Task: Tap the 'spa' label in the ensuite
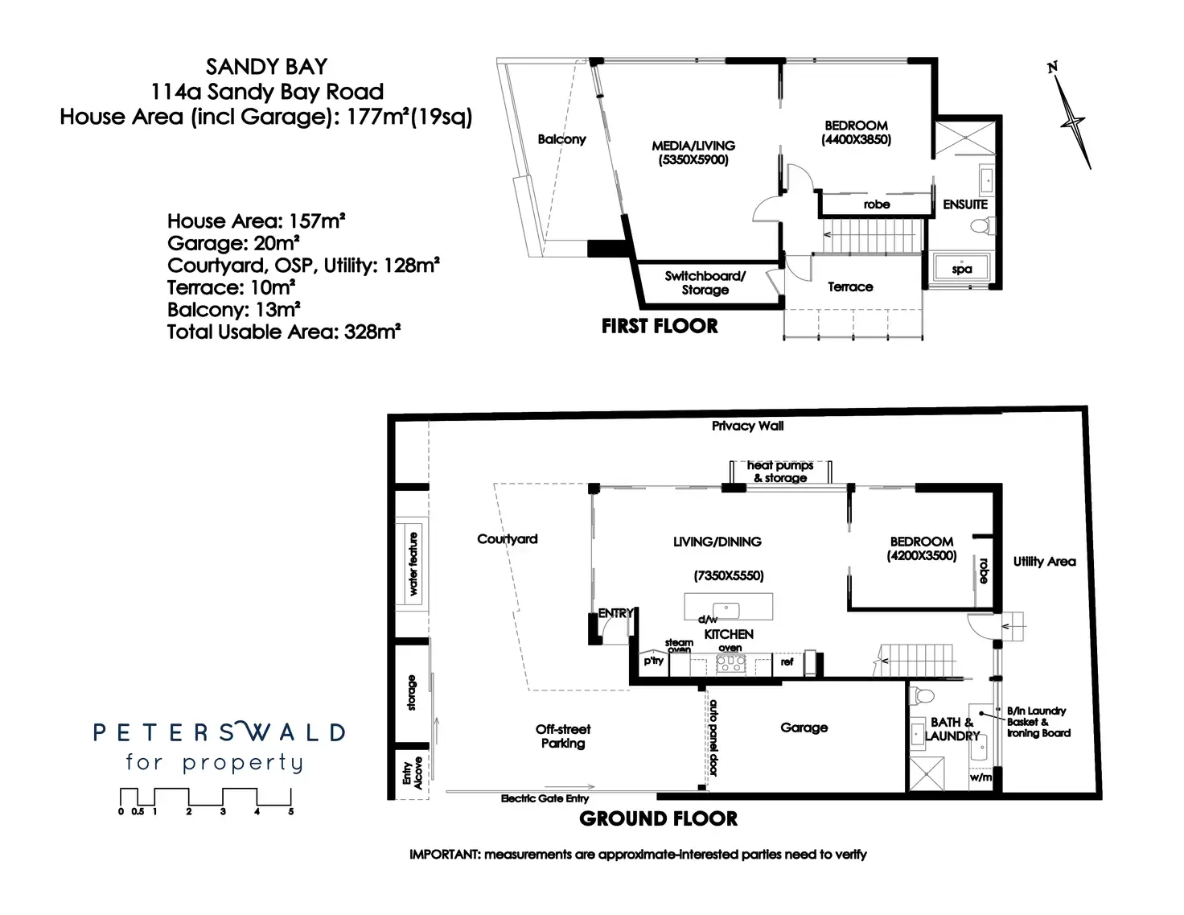pyautogui.click(x=962, y=270)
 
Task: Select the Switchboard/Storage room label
pyautogui.click(x=705, y=282)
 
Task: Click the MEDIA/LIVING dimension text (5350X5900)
pyautogui.click(x=693, y=160)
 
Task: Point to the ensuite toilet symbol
pyautogui.click(x=978, y=227)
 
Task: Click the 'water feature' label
pyautogui.click(x=413, y=563)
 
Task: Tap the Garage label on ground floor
pyautogui.click(x=804, y=727)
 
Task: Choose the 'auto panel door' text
pyautogui.click(x=713, y=737)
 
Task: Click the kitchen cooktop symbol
pyautogui.click(x=730, y=664)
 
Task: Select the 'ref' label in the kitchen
pyautogui.click(x=787, y=662)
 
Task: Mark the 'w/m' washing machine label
pyautogui.click(x=980, y=777)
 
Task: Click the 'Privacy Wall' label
pyautogui.click(x=747, y=426)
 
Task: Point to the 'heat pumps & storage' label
pyautogui.click(x=779, y=472)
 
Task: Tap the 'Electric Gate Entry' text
pyautogui.click(x=545, y=798)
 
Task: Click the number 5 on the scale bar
pyautogui.click(x=290, y=812)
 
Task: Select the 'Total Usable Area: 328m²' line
pyautogui.click(x=284, y=332)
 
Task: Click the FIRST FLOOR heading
pyautogui.click(x=660, y=326)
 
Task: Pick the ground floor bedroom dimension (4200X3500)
pyautogui.click(x=922, y=555)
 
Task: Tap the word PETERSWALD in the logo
pyautogui.click(x=219, y=732)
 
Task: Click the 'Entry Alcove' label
pyautogui.click(x=412, y=774)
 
